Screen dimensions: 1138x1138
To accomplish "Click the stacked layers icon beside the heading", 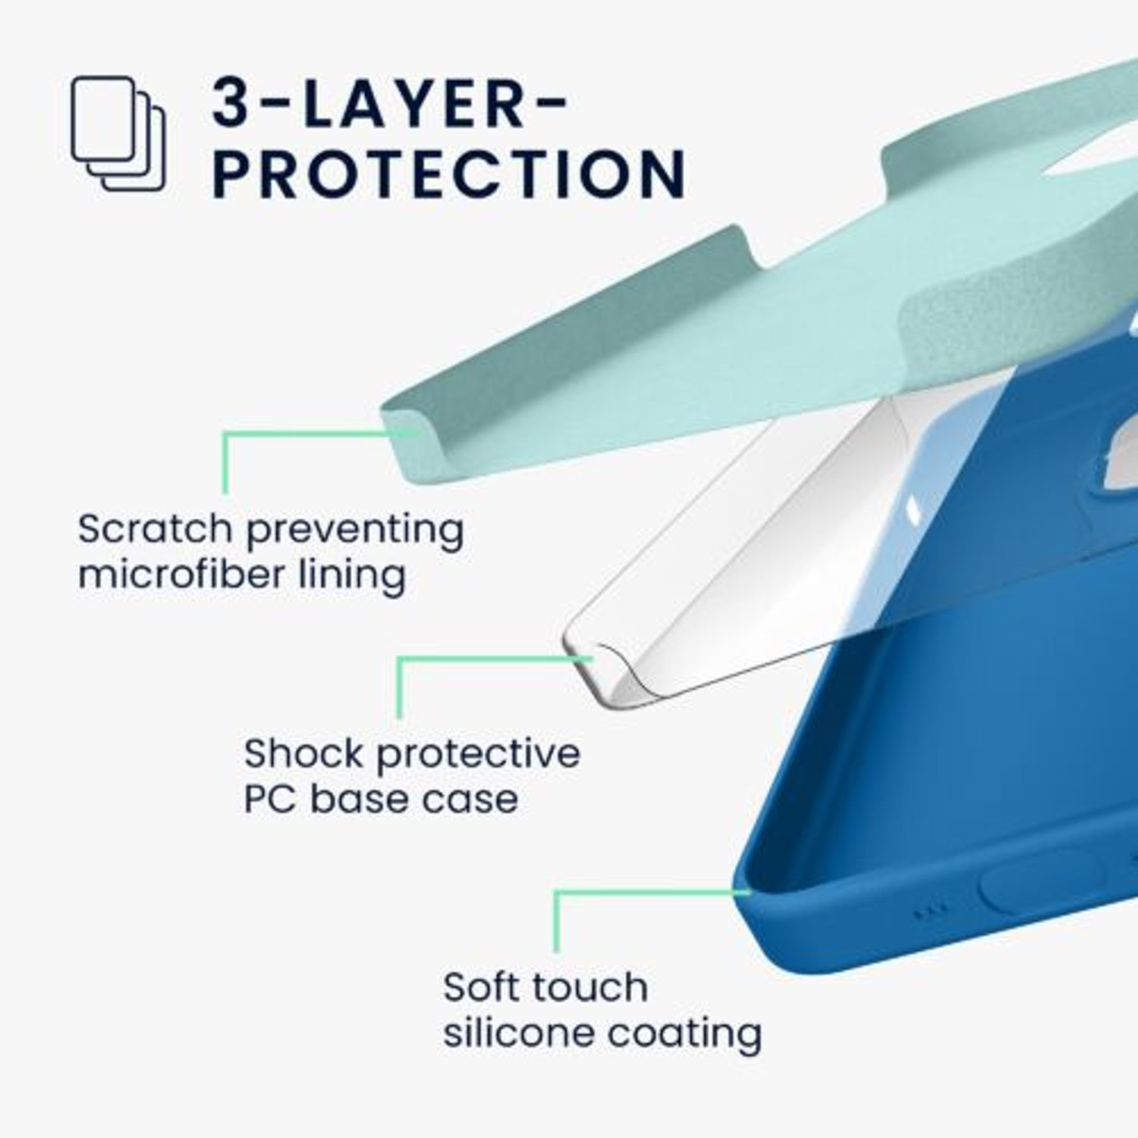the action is pyautogui.click(x=118, y=134).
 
